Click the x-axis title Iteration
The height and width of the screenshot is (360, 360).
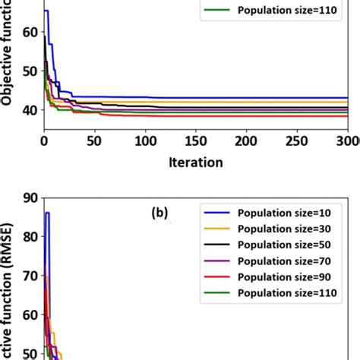coord(195,162)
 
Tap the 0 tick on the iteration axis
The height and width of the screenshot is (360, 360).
coord(44,142)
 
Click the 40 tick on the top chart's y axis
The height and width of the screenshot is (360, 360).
coord(29,111)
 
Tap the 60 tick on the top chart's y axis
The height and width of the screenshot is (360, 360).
coord(29,32)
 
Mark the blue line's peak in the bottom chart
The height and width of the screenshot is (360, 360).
coord(47,213)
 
